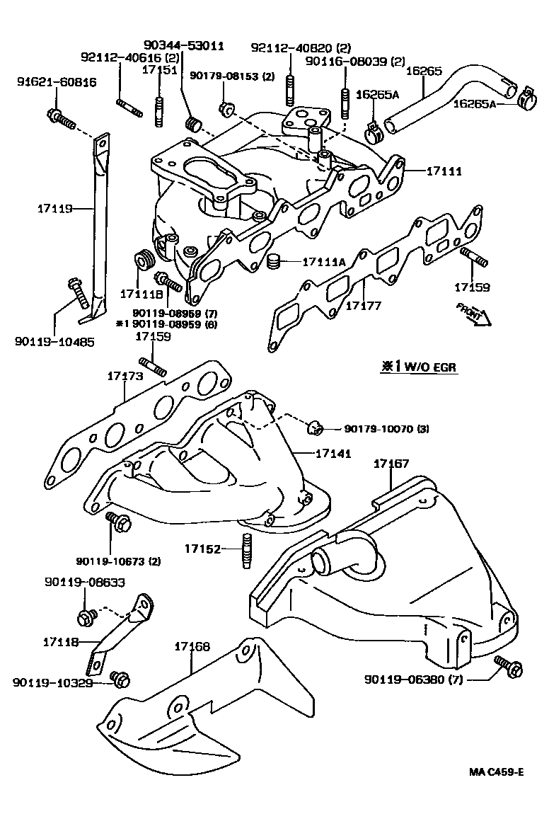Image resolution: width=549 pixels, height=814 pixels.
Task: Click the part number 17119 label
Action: (54, 209)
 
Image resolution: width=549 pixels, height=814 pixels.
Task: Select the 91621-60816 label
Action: (47, 82)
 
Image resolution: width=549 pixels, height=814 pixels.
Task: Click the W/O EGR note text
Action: (415, 367)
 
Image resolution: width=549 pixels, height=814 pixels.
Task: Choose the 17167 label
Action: (391, 464)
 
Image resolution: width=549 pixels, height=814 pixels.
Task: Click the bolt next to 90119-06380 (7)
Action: (508, 665)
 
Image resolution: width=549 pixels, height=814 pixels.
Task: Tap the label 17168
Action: (192, 646)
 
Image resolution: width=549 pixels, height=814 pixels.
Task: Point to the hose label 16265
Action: (424, 71)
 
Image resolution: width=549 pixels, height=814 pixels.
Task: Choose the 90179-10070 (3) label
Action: (386, 429)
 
